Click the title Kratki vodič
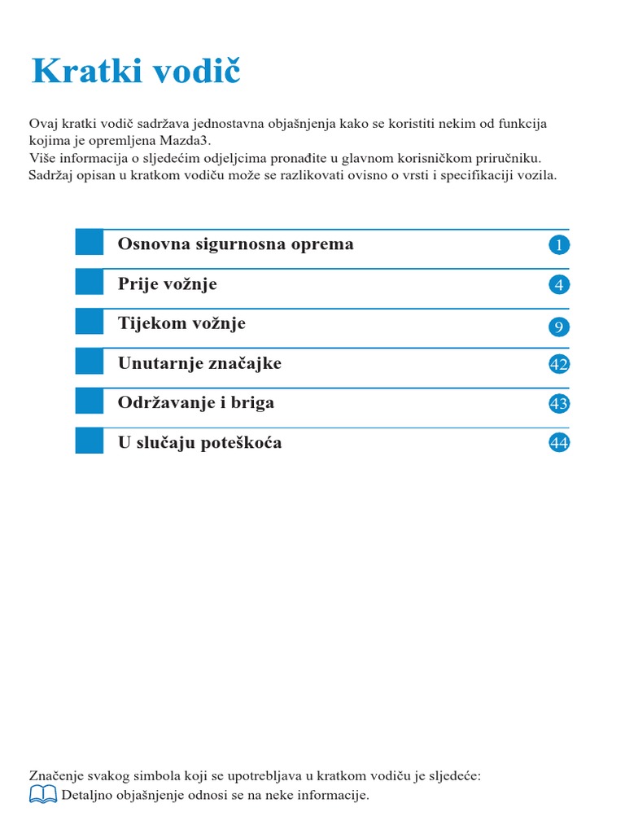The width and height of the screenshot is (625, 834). pos(136,72)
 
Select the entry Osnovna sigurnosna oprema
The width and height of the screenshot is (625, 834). pos(235,244)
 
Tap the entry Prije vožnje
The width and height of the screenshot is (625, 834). pos(168,284)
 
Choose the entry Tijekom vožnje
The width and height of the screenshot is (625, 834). pos(181,323)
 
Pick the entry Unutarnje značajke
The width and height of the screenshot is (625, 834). pos(199,363)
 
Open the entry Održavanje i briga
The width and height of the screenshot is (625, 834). pos(196,402)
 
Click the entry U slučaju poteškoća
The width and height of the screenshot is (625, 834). pos(200,443)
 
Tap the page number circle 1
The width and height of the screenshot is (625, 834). pos(559,244)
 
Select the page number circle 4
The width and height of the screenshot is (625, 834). pos(559,285)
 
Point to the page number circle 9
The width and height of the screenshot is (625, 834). pos(559,327)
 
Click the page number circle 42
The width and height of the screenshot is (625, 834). pos(559,364)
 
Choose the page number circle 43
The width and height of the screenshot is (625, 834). pos(559,403)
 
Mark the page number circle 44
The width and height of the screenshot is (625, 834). pos(559,443)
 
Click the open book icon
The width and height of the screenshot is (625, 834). pos(43,794)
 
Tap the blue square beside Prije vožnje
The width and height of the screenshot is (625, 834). pos(90,282)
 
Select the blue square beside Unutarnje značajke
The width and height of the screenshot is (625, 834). pos(90,361)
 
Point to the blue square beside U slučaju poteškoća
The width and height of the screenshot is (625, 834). pos(90,441)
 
